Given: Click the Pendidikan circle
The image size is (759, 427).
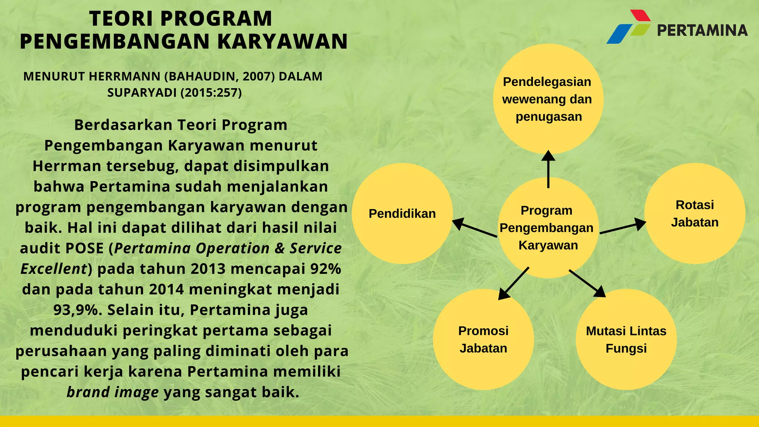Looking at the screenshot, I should click(402, 213).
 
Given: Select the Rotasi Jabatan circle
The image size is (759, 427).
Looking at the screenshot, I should click(695, 213).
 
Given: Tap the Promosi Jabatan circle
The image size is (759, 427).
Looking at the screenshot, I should click(483, 340).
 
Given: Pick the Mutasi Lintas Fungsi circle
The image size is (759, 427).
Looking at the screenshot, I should click(626, 340).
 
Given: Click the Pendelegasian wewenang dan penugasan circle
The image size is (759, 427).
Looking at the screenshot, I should click(548, 99).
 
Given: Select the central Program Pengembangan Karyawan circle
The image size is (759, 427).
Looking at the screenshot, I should click(548, 228).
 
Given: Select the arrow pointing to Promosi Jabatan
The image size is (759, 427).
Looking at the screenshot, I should click(513, 284).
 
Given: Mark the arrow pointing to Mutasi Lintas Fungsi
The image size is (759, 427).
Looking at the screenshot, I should click(587, 284).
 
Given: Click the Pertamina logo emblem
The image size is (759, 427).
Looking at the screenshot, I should click(629, 27).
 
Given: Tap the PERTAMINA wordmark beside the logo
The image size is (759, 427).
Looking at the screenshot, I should click(702, 30).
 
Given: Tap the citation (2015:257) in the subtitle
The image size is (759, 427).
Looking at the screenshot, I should click(211, 93).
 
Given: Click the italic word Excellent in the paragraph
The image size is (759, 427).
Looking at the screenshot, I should click(54, 269).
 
